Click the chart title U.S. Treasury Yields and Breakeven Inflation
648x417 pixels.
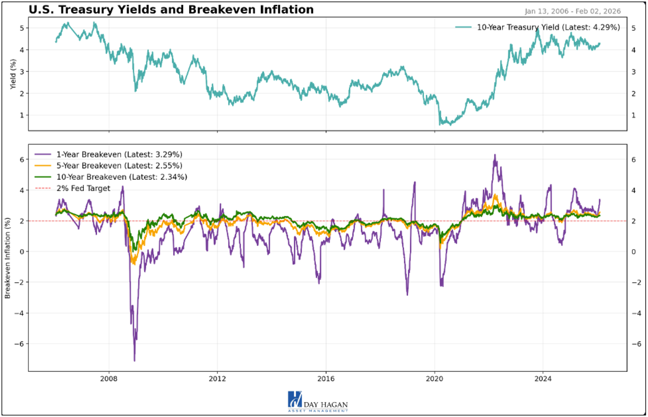(171, 10)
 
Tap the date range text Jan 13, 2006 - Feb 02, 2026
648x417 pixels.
(572, 11)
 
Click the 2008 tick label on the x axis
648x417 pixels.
(109, 379)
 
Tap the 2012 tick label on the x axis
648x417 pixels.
(217, 379)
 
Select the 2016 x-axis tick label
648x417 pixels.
(326, 379)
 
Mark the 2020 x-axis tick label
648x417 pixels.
(434, 379)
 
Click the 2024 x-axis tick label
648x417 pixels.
(543, 379)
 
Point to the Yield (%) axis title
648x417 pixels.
(13, 74)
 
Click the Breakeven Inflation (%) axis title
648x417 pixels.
(8, 258)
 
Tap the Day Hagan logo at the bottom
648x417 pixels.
(318, 402)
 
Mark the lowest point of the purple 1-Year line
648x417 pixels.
(134, 360)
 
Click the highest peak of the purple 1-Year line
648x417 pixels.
(495, 155)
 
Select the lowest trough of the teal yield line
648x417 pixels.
(440, 125)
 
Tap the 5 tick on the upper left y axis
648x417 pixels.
(22, 28)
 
